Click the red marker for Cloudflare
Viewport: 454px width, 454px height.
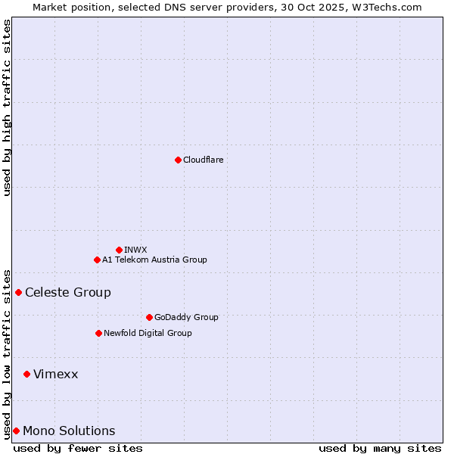coord(178,160)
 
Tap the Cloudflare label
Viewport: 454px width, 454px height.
coord(203,160)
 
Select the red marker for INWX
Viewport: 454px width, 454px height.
coord(119,250)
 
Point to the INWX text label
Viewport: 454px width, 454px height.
coord(135,250)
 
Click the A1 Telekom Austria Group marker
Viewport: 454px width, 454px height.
coord(97,260)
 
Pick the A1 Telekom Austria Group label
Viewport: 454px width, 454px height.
coord(154,260)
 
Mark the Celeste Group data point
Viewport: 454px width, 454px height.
coord(18,292)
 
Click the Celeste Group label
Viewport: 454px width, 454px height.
coord(68,292)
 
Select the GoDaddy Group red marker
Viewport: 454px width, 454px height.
coord(149,317)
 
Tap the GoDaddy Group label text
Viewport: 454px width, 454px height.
coord(186,317)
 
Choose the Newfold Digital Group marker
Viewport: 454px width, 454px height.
coord(98,333)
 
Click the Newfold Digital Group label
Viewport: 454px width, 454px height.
coord(148,333)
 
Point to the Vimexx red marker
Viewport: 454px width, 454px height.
coord(26,374)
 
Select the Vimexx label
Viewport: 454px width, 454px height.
coord(55,374)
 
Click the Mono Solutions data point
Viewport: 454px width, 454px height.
coord(16,431)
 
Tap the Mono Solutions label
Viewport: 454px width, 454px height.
coord(69,431)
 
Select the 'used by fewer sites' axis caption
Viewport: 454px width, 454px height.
coord(78,448)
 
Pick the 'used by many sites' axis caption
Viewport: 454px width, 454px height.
coord(380,448)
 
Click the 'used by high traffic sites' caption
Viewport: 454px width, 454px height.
coord(7,107)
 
